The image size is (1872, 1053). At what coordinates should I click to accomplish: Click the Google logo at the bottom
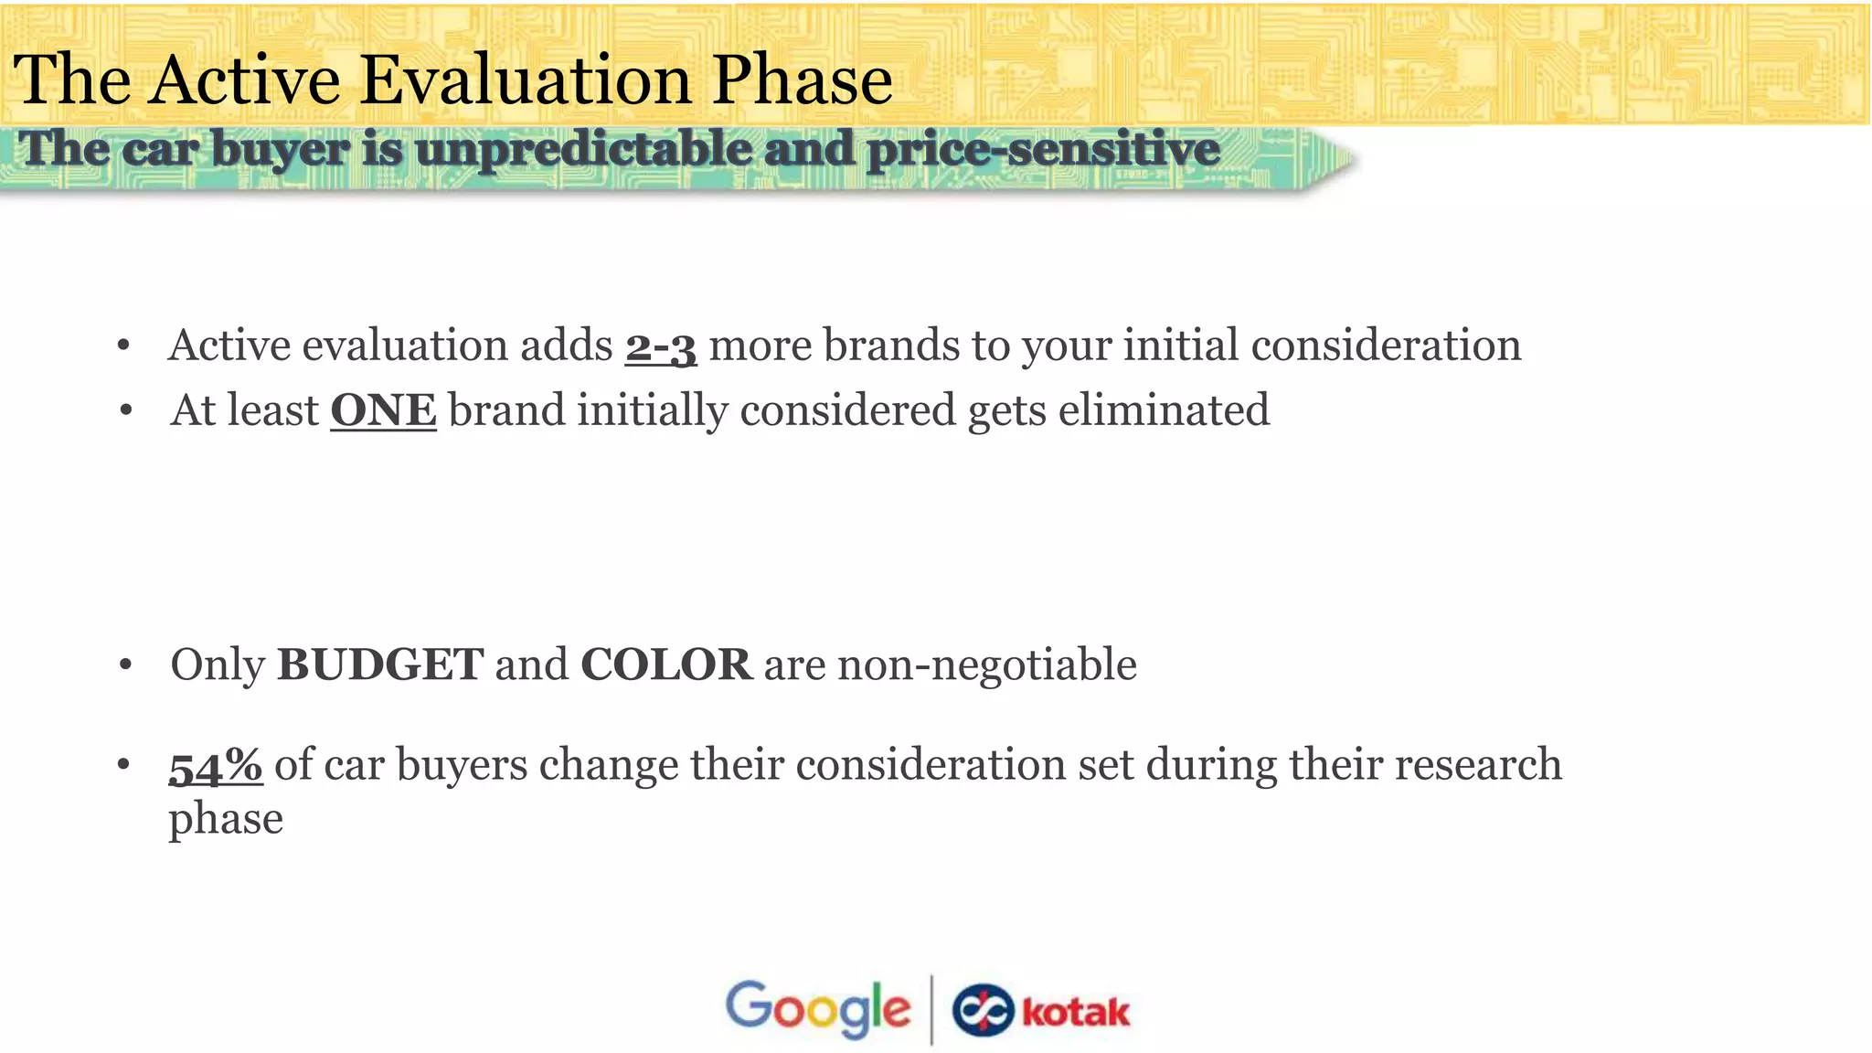click(817, 1008)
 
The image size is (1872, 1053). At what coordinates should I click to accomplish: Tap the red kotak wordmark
click(1075, 1013)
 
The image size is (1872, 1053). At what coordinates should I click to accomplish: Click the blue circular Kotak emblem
click(983, 1011)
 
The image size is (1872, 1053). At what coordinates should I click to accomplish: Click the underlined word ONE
click(383, 410)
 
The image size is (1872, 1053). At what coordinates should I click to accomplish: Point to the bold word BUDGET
click(379, 665)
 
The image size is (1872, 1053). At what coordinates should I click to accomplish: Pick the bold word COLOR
click(666, 665)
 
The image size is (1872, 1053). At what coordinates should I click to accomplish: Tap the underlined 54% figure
click(216, 765)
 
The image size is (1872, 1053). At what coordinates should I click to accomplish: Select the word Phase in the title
click(802, 80)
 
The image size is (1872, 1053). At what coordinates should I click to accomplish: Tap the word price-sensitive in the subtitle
click(1043, 149)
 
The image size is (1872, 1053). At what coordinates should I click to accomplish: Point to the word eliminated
click(1164, 410)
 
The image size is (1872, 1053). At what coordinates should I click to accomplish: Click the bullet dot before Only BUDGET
click(125, 665)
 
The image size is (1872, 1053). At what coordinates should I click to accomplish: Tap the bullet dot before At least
click(125, 411)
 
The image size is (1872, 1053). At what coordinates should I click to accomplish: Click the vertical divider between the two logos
click(931, 1009)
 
